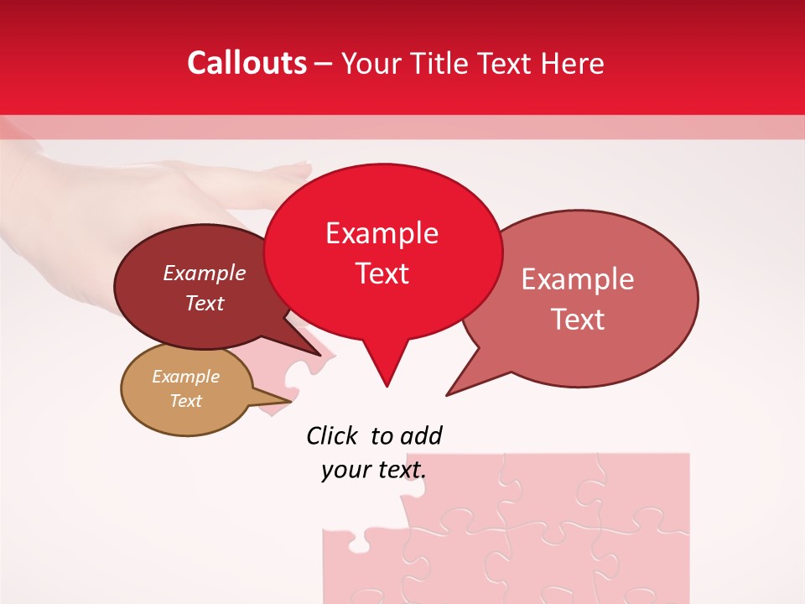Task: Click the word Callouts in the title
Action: pyautogui.click(x=247, y=63)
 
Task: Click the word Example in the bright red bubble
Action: pyautogui.click(x=382, y=233)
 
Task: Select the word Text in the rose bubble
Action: pyautogui.click(x=579, y=320)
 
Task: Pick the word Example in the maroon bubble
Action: pyautogui.click(x=205, y=273)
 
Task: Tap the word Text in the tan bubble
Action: pyautogui.click(x=186, y=401)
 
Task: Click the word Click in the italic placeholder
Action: pyautogui.click(x=333, y=435)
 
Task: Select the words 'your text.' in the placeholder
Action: pyautogui.click(x=373, y=470)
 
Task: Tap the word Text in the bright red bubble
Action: pyautogui.click(x=382, y=273)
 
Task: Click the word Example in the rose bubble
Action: pyautogui.click(x=578, y=279)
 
